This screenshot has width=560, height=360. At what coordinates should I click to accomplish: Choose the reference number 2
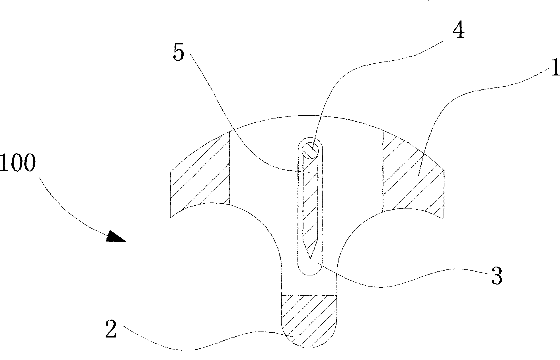tap(111, 328)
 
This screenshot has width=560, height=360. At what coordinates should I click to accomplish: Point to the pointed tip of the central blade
tap(310, 259)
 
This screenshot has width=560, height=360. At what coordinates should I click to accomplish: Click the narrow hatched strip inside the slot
tap(310, 205)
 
